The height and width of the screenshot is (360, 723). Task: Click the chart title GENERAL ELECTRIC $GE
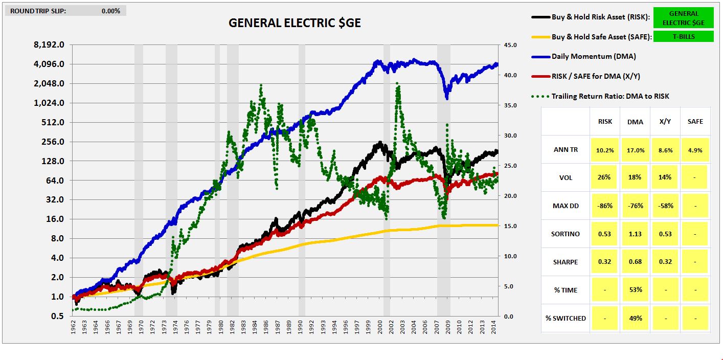pos(294,23)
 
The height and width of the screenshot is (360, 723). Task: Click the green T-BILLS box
pos(683,36)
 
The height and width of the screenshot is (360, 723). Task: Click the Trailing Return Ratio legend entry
pos(610,96)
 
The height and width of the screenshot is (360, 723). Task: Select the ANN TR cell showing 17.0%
pos(635,150)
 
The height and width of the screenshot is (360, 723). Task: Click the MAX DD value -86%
pos(605,206)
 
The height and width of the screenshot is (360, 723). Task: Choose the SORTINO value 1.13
pos(635,234)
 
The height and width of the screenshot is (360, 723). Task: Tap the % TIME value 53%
pos(635,290)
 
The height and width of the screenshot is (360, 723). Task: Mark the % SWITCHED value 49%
pos(635,318)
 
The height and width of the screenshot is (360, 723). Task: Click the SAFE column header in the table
pos(695,122)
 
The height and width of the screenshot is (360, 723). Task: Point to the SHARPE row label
pos(566,262)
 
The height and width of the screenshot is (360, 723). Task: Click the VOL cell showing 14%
pos(665,178)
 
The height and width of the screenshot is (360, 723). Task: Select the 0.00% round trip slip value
pos(110,11)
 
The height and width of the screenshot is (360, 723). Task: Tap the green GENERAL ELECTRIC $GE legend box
pos(683,18)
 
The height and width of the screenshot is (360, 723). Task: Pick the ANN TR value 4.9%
pos(695,150)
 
